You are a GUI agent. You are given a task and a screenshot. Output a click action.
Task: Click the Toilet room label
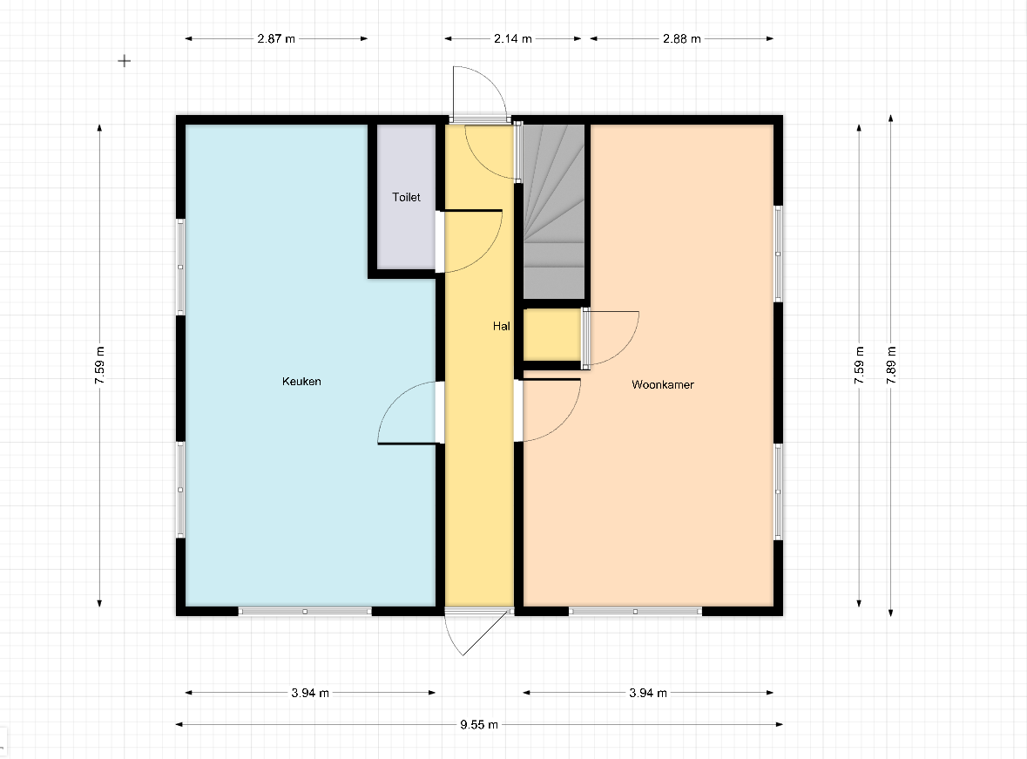pos(406,197)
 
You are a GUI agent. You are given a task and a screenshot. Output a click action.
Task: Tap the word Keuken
pos(301,381)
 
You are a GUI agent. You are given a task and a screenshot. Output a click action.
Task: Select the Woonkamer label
pos(662,384)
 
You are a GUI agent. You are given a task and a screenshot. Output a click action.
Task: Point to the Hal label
pos(501,326)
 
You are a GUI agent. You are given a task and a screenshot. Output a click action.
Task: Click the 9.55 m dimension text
pos(479,724)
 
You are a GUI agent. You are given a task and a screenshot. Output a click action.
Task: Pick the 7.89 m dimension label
pos(891,366)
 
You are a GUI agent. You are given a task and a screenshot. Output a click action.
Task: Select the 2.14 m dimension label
pos(513,38)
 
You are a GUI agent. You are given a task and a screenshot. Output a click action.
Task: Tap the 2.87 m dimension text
pos(276,38)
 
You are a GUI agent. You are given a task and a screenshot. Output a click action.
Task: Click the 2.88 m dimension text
pos(682,38)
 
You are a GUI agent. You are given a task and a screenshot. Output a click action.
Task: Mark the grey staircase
pos(553,212)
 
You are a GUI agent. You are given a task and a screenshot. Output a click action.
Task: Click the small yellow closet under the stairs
pos(552,335)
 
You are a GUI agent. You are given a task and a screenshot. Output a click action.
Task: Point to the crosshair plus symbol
pos(125,61)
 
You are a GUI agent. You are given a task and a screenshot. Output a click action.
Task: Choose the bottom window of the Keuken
pos(305,612)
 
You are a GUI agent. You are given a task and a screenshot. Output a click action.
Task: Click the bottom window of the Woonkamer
pos(635,612)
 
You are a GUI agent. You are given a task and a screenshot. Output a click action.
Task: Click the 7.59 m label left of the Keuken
pos(99,366)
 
